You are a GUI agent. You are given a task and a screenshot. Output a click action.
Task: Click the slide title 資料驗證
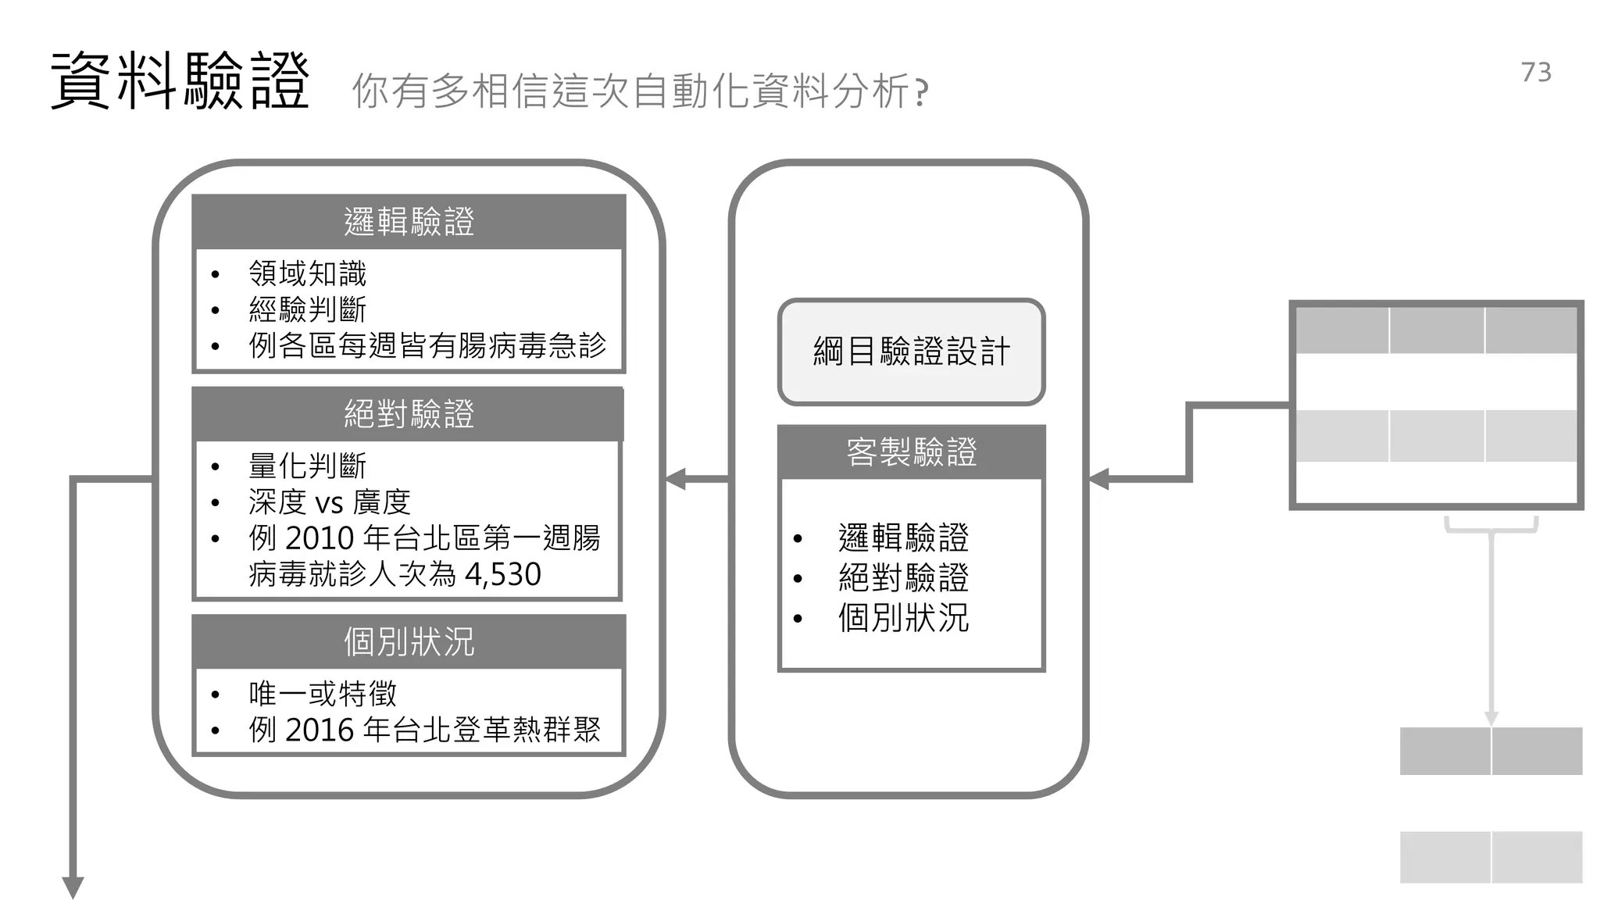point(180,81)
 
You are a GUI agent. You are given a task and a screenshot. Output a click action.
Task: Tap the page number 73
point(1536,72)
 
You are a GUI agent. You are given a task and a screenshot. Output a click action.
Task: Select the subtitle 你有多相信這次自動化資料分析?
point(640,91)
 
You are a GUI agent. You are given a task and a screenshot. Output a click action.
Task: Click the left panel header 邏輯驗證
point(409,222)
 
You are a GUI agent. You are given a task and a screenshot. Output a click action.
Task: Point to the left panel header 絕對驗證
point(409,414)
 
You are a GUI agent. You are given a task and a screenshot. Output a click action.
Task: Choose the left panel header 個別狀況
point(409,642)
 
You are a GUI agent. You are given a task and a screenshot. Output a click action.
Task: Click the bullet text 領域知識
point(307,273)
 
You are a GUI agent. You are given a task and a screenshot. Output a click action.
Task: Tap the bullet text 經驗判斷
point(307,309)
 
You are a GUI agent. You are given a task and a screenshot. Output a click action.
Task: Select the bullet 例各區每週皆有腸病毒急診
point(427,345)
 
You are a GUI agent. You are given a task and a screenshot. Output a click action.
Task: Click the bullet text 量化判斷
point(307,466)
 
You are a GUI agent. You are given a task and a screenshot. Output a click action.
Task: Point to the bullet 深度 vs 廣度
point(329,502)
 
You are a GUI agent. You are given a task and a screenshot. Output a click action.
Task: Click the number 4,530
point(502,575)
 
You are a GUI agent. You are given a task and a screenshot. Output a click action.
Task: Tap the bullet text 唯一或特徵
point(323,694)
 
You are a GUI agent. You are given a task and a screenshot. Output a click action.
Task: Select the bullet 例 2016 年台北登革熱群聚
point(424,730)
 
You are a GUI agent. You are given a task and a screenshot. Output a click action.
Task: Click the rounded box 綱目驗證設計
point(911,352)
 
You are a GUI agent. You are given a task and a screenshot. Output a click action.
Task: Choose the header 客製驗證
point(911,452)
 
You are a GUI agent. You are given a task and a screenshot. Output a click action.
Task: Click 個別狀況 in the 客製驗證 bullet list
point(903,618)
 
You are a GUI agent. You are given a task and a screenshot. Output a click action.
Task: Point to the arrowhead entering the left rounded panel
point(676,479)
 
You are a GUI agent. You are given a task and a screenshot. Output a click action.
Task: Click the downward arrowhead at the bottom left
point(73,887)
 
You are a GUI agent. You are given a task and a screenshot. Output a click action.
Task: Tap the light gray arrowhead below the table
point(1491,718)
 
